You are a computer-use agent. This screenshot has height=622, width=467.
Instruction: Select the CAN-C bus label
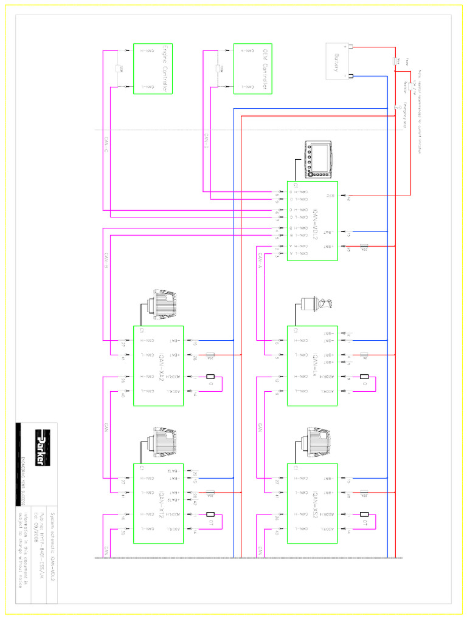105,143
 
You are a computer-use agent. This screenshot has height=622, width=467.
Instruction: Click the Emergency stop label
404,115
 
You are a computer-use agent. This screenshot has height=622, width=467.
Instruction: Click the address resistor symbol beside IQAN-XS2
364,522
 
